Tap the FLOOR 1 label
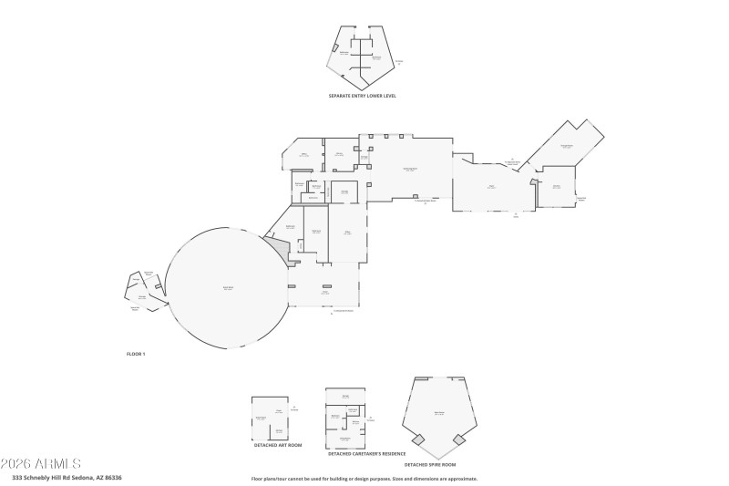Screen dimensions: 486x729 pos(135,353)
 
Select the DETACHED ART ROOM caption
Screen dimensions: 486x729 pos(277,445)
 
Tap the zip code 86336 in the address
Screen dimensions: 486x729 pos(113,477)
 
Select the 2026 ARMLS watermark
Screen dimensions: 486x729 pos(41,463)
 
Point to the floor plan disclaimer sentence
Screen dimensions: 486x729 pos(364,478)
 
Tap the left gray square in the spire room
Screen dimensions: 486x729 pos(418,439)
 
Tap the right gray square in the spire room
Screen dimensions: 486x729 pos(459,439)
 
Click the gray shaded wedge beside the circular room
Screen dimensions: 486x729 pos(278,247)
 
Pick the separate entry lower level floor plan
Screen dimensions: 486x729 pos(364,57)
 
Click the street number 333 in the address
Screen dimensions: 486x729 pos(17,477)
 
